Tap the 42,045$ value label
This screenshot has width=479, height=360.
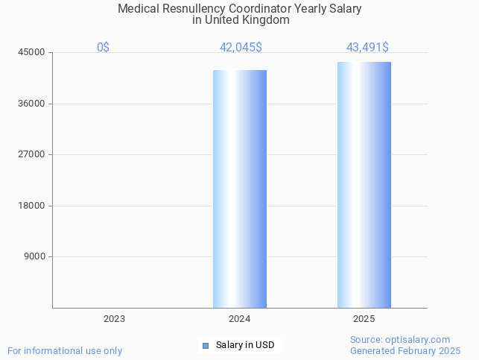[x=241, y=48]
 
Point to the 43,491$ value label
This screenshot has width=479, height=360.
[x=367, y=48]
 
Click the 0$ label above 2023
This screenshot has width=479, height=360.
[x=103, y=48]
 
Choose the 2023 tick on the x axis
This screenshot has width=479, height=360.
[x=115, y=318]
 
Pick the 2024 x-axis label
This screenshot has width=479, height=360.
[x=239, y=318]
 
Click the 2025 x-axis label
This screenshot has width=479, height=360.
[x=364, y=318]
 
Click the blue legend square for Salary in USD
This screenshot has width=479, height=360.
[x=206, y=345]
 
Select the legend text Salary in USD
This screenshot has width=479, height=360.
[x=245, y=345]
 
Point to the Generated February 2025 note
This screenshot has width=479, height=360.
[x=405, y=350]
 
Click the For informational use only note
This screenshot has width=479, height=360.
[x=65, y=350]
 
